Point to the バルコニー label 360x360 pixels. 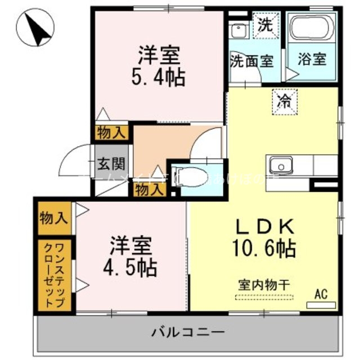coord(188,332)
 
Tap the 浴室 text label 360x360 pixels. coord(312,58)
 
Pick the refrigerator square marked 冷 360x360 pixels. coord(285,102)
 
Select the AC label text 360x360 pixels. coord(321,293)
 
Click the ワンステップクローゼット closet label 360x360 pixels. coord(55,274)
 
